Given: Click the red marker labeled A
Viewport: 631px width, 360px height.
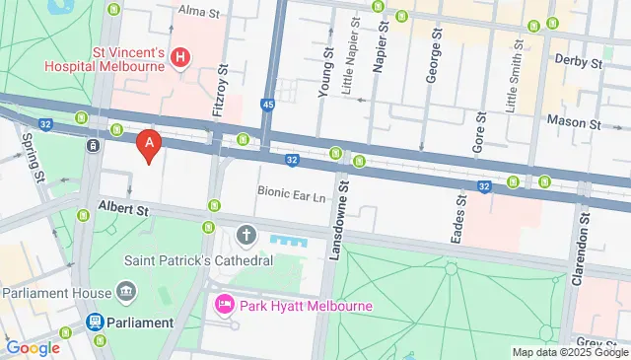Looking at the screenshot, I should point(149,147).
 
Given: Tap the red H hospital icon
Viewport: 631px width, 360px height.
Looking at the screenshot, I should point(180,58).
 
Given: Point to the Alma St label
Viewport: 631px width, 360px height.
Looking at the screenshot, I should point(197,10).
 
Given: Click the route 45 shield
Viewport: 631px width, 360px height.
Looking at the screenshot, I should point(268,104).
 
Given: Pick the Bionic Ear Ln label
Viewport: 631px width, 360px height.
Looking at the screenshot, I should point(291,194).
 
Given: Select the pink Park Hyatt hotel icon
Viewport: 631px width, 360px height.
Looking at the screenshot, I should point(223,306).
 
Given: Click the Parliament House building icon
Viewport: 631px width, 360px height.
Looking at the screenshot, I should point(126,292).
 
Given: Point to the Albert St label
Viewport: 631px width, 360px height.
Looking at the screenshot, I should point(122,209).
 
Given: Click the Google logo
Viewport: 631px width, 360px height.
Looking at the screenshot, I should point(33,347).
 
